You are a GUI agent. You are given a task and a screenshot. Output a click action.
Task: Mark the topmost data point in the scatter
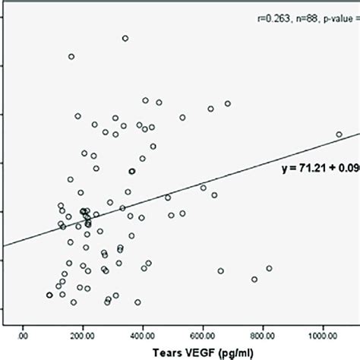pyautogui.click(x=125, y=38)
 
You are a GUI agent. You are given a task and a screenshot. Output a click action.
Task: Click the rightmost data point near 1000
pyautogui.click(x=339, y=134)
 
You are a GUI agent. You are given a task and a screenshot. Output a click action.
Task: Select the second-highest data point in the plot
pyautogui.click(x=71, y=56)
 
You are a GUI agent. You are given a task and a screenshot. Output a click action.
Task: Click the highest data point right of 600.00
pyautogui.click(x=227, y=103)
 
